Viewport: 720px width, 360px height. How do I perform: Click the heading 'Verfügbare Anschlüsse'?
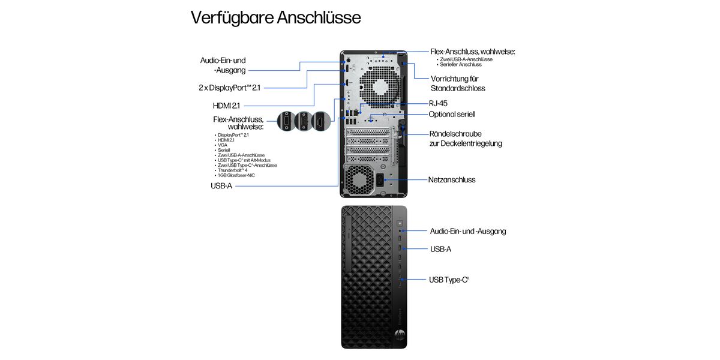tap(275, 17)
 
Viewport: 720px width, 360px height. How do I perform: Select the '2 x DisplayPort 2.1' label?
tap(229, 88)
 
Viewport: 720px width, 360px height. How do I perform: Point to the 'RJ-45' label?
tap(437, 103)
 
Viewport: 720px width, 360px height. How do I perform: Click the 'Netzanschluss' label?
tap(452, 179)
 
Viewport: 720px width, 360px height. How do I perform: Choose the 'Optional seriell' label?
tap(452, 114)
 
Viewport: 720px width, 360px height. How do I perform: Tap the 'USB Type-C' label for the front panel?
tap(449, 280)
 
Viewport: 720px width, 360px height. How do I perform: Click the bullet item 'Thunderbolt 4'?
tap(235, 170)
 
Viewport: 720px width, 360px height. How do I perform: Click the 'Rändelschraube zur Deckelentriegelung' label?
tap(465, 139)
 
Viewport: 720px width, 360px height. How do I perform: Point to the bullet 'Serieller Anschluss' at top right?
tap(460, 65)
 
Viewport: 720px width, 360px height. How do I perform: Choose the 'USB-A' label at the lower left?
tap(221, 186)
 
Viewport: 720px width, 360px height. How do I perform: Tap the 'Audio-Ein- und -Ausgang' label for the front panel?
tap(468, 231)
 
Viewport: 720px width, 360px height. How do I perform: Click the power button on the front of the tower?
tap(400, 221)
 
